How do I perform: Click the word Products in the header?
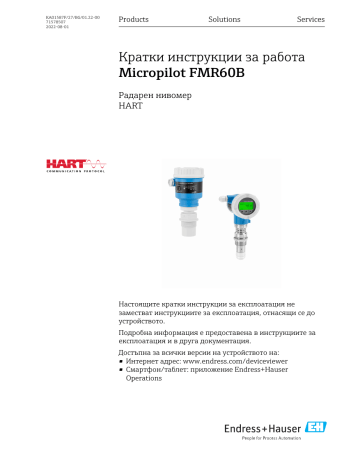(134, 19)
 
